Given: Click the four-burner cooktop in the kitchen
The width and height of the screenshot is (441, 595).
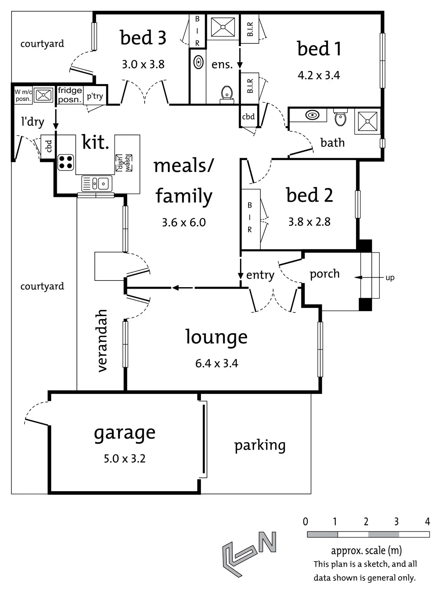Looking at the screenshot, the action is coord(65,162).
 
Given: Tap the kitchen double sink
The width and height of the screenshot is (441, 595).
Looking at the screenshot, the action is coord(97,183).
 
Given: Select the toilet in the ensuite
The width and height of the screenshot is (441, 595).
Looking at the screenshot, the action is coord(227,94).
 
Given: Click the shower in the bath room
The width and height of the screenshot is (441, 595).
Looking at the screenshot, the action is coord(367,121).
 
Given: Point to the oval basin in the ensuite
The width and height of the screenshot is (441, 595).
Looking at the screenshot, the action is coord(198,63).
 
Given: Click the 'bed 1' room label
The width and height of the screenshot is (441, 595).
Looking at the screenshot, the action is coord(319,49).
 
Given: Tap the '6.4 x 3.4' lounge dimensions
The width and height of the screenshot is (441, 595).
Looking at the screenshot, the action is coord(217,363).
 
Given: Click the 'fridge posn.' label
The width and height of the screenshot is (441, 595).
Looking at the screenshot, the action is coord(70,95).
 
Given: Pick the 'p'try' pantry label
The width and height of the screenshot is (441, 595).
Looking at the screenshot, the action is coord(95,96).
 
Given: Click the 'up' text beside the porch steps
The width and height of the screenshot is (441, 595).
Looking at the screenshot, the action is coord(390,278).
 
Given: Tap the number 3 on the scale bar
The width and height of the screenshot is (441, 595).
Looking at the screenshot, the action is coord(396,522).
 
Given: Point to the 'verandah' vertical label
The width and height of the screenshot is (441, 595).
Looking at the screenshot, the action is coord(101,341).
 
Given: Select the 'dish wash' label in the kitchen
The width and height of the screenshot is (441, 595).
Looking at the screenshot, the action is coord(124,163).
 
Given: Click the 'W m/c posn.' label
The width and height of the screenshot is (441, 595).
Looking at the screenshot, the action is coord(23,95).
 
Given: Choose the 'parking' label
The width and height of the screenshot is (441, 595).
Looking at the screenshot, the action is coord(260,445).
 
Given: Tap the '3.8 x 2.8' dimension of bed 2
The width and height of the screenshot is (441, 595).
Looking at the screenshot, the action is coord(309,222).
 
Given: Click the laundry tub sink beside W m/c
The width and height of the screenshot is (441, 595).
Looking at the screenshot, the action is coord(44,95).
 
